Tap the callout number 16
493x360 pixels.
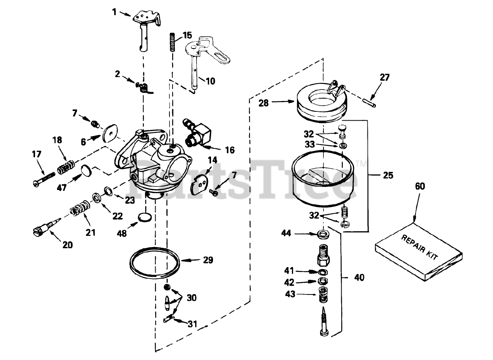(x=230, y=150)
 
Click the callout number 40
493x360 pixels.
(x=359, y=277)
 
